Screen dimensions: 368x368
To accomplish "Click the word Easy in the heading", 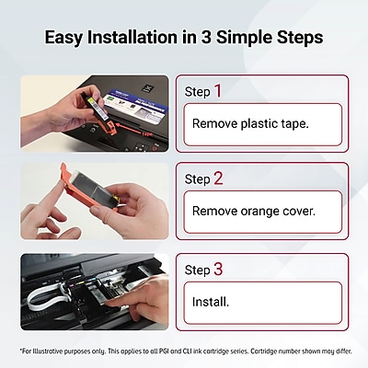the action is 63,38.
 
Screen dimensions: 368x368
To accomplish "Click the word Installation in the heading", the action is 132,37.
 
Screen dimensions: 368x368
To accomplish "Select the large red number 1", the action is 218,91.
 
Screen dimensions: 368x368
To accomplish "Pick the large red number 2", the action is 218,178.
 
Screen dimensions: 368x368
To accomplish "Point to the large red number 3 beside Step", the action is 218,269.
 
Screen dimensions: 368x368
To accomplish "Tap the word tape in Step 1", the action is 293,124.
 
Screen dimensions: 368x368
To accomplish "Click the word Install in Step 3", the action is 210,302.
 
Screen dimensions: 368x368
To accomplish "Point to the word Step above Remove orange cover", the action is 198,179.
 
